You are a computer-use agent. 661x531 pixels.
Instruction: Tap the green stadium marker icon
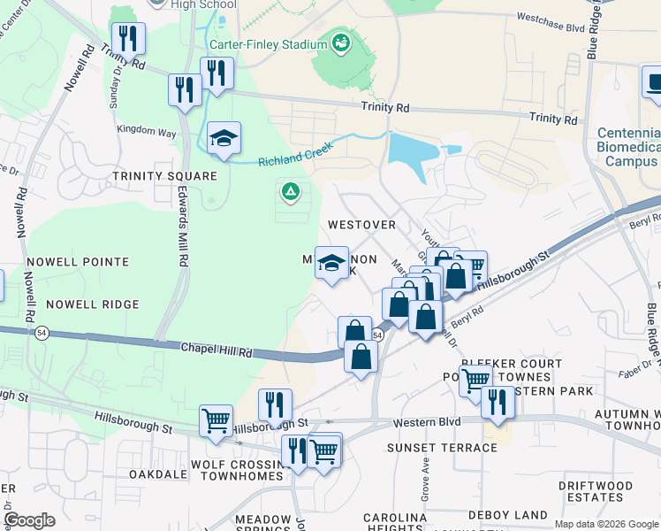(x=340, y=42)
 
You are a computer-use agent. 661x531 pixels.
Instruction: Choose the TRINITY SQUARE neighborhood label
(x=164, y=176)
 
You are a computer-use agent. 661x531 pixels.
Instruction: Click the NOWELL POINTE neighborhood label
(x=78, y=262)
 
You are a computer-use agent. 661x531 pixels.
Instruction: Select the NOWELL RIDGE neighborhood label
(x=93, y=304)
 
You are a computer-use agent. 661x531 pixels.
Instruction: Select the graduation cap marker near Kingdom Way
(x=224, y=139)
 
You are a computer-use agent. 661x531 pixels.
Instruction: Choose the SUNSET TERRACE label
(x=442, y=448)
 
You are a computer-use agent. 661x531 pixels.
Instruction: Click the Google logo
(x=30, y=520)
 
